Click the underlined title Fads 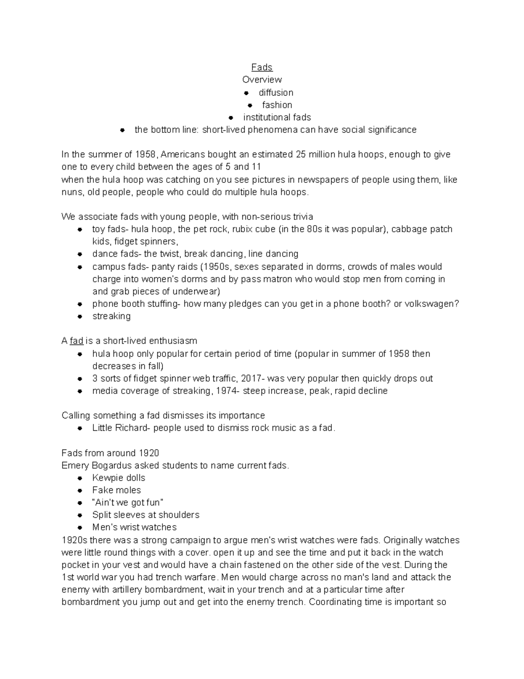[262, 67]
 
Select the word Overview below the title [262, 80]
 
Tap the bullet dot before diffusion [247, 93]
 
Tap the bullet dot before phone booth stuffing [80, 304]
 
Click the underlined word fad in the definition [76, 341]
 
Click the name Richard [131, 428]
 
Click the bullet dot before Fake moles [80, 490]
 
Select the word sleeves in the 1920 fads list [124, 515]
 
